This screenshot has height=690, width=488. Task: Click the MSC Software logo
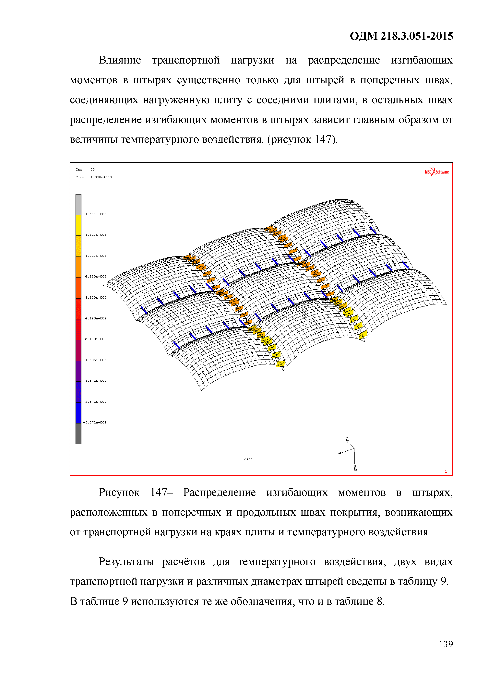point(436,172)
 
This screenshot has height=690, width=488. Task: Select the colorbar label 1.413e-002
point(96,214)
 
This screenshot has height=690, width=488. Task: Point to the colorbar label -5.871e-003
point(95,422)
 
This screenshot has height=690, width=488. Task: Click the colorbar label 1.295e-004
point(96,360)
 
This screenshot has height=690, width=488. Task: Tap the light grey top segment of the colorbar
point(78,204)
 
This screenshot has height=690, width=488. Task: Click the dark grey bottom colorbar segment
point(78,433)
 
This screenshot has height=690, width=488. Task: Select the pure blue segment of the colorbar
point(78,413)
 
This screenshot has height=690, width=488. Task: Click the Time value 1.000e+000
point(101,177)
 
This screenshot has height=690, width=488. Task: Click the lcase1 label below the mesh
point(248,459)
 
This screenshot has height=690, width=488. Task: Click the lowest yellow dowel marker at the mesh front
point(280,364)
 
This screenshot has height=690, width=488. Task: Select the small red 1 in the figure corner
point(446,471)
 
